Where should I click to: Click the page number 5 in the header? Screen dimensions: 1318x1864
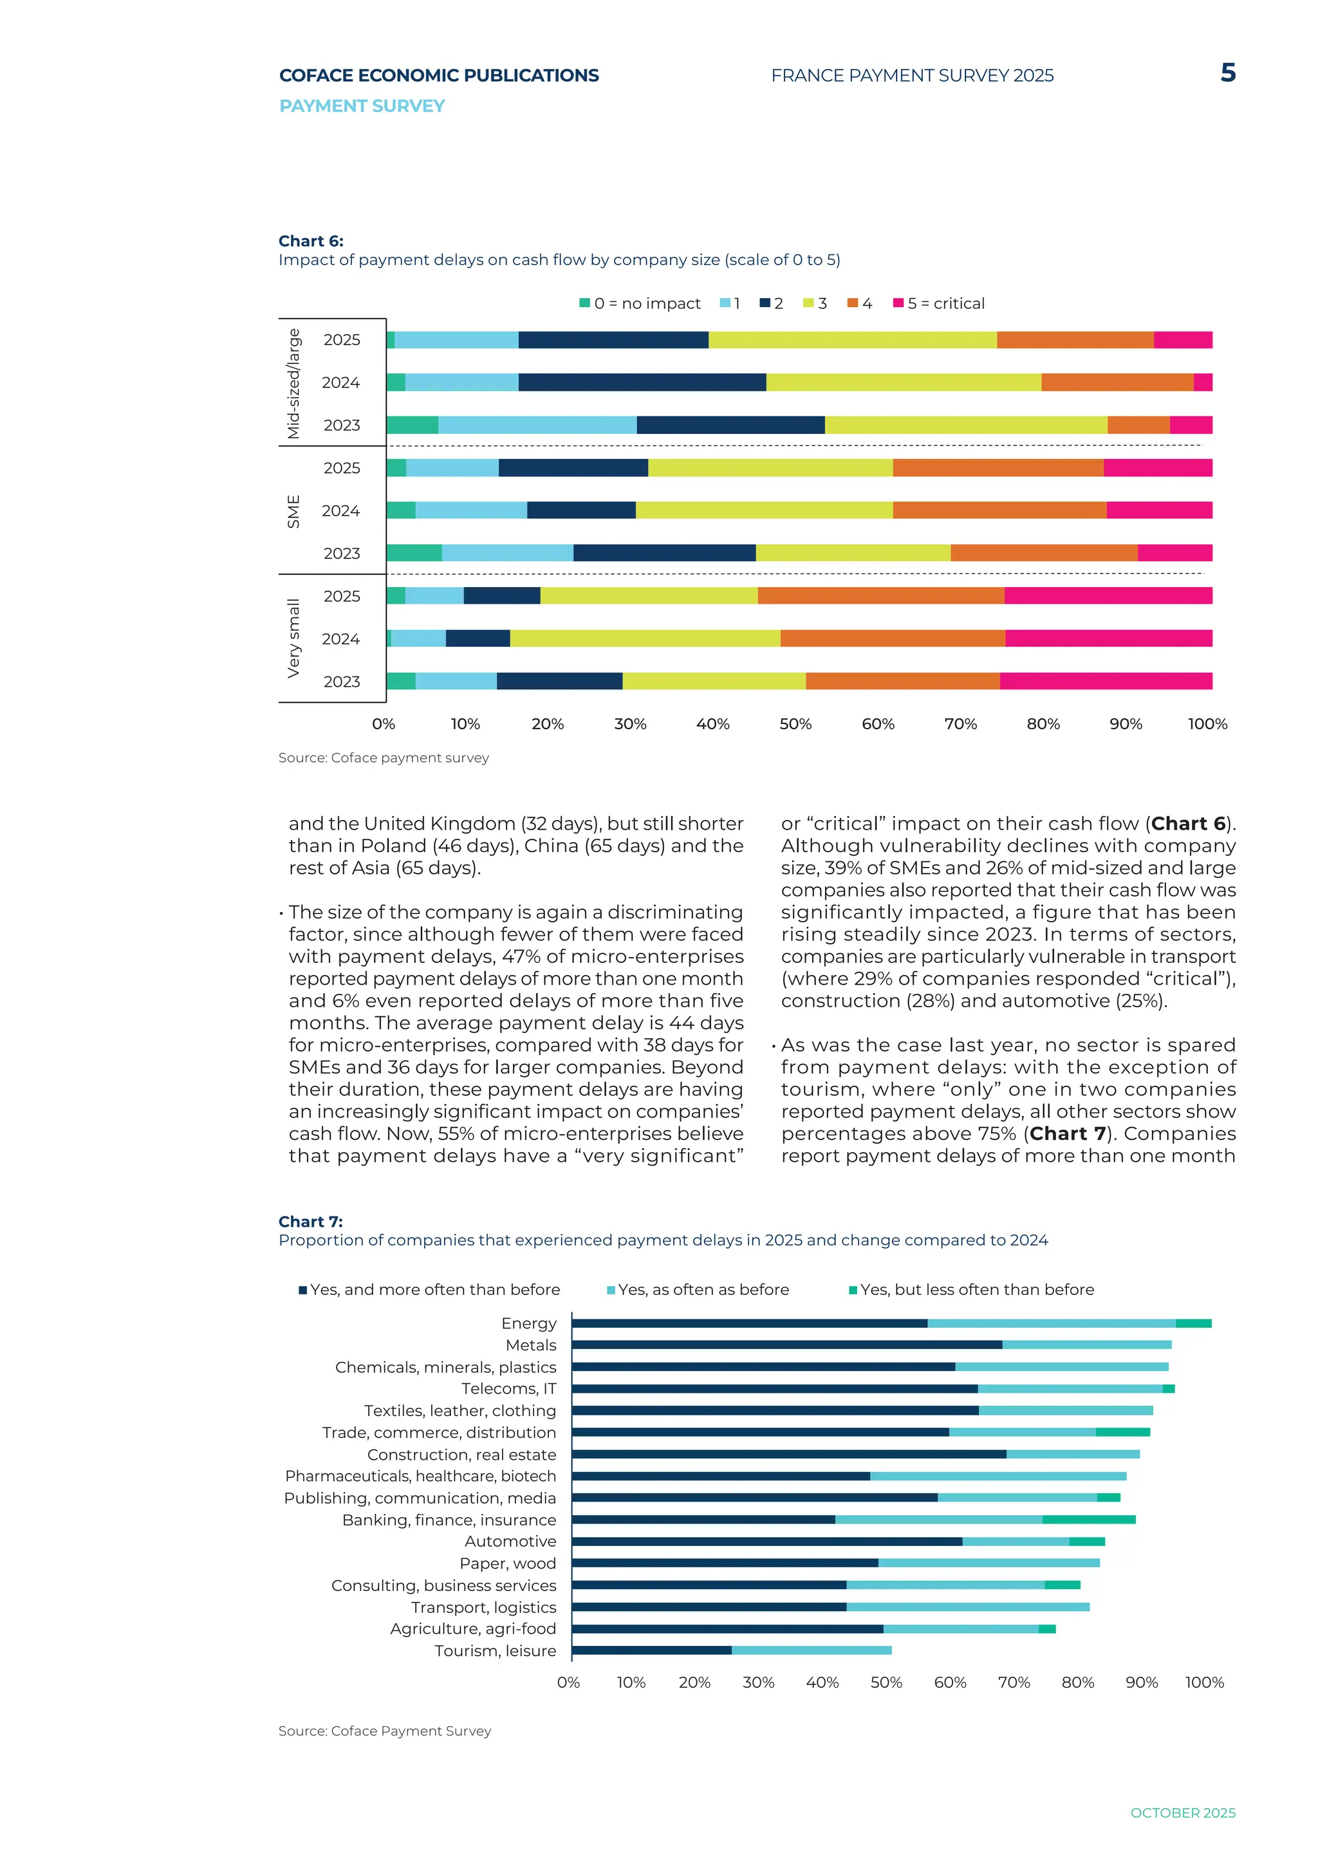tap(1228, 73)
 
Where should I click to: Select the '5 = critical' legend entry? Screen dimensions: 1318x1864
tap(939, 304)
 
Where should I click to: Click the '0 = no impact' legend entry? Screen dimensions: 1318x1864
tap(640, 304)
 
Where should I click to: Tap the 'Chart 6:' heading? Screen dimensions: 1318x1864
tap(311, 241)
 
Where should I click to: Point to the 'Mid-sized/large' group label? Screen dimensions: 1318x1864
tap(294, 383)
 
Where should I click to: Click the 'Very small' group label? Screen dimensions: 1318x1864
tap(294, 638)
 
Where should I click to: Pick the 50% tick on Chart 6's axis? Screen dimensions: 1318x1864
tap(795, 724)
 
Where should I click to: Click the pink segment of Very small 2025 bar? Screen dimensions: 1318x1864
tap(1109, 596)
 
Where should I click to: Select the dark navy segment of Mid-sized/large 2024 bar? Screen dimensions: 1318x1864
tap(642, 382)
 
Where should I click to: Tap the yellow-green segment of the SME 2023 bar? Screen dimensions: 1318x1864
tap(853, 553)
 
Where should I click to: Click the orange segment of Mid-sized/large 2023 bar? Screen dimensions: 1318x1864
tap(1138, 425)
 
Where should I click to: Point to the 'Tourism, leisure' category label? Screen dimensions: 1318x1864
tap(495, 1650)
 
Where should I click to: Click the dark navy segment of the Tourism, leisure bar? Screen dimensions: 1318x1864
tap(652, 1650)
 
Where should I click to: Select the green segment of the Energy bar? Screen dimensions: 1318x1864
tap(1194, 1323)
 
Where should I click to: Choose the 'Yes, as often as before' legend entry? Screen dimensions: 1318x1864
tap(698, 1289)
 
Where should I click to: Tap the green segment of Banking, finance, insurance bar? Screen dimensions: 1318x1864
tap(1089, 1520)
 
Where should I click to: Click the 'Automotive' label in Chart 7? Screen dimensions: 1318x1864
tap(510, 1541)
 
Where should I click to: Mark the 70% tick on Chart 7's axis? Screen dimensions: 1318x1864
tap(1014, 1682)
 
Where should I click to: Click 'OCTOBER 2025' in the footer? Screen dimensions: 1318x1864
tap(1183, 1813)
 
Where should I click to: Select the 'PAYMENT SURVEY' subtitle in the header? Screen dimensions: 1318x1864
tap(362, 106)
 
